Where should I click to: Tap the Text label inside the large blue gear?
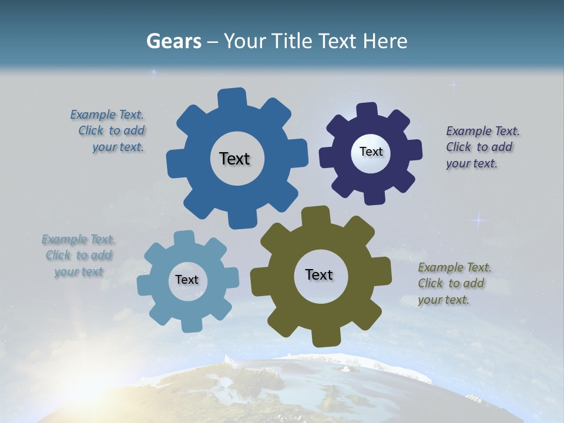click(234, 159)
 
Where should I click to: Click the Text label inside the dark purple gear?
click(371, 152)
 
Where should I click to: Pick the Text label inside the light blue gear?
click(187, 280)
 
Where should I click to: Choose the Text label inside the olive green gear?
click(319, 274)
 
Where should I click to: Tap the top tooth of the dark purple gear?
click(367, 110)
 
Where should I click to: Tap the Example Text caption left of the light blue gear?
click(79, 256)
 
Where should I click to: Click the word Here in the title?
click(385, 41)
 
